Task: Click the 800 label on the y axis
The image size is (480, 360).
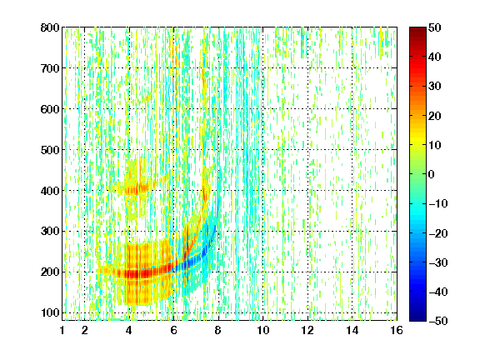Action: tap(50, 27)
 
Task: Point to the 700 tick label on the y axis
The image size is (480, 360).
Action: tap(50, 68)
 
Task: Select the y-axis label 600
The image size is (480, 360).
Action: tap(50, 109)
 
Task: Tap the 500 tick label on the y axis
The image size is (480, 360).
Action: tap(50, 150)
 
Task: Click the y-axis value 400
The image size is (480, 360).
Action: tap(50, 191)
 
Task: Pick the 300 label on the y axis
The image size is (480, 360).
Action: tap(50, 232)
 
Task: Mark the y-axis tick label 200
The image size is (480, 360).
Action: tap(50, 272)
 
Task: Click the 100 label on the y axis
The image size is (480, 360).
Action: tap(50, 312)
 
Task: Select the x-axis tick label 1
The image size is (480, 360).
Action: tap(62, 330)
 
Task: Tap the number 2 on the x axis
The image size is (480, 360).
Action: tap(85, 330)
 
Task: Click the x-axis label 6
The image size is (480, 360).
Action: tap(173, 330)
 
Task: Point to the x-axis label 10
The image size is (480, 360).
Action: tap(262, 330)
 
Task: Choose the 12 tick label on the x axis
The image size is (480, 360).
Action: tap(307, 330)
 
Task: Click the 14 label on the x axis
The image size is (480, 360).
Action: tap(352, 330)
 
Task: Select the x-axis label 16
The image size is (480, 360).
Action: tap(397, 330)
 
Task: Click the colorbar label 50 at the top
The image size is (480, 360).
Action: tap(435, 27)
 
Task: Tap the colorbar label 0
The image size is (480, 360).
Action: tap(432, 174)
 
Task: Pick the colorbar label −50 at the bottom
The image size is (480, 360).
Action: tap(438, 321)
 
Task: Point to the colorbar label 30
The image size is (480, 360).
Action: tap(435, 87)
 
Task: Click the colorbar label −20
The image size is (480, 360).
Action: tap(438, 233)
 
